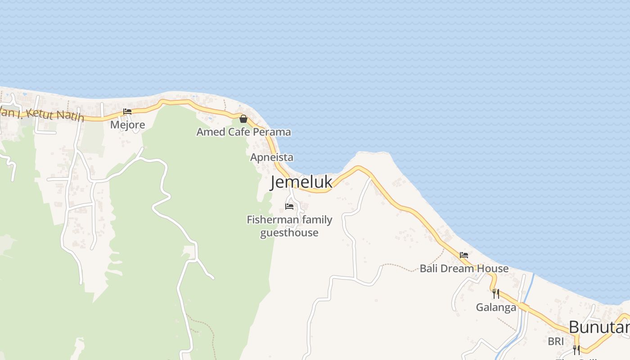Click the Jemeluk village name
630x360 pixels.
click(x=301, y=182)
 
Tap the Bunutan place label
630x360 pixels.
click(x=598, y=327)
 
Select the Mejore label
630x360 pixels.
click(x=128, y=125)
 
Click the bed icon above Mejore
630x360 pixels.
click(x=127, y=112)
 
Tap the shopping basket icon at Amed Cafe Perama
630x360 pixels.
click(x=243, y=119)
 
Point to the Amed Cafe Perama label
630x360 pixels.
click(x=243, y=132)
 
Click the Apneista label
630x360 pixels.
click(x=272, y=157)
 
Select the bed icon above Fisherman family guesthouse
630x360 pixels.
click(x=289, y=207)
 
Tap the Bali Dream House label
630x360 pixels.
click(x=464, y=269)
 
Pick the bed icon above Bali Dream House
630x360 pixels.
click(x=464, y=255)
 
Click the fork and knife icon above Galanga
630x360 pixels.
click(x=496, y=293)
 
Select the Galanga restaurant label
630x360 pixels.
click(x=496, y=307)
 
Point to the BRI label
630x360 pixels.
click(x=556, y=342)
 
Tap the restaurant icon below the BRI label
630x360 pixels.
click(x=576, y=350)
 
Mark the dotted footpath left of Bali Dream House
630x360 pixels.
click(x=400, y=266)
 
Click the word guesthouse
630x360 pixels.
click(x=289, y=233)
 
